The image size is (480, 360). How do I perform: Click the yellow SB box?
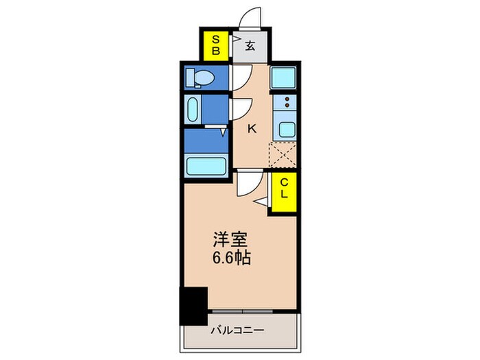pos(215,45)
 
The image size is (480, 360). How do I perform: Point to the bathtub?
pos(206,167)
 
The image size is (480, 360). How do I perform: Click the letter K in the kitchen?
pos(252,128)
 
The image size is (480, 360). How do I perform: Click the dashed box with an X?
pos(283,154)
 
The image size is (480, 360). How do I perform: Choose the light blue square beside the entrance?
pos(283,77)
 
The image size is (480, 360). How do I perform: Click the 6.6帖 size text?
pos(230,259)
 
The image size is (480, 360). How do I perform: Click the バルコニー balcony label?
pos(237,331)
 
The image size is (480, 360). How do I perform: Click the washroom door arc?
pos(241,110)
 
